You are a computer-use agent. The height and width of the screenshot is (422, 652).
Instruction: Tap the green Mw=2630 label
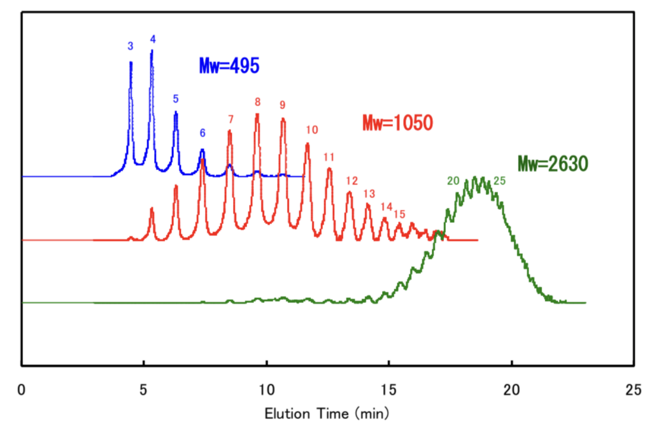[552, 164]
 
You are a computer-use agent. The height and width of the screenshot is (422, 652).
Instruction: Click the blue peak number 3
[131, 46]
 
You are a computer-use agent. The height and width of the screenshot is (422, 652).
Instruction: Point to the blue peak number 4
[153, 39]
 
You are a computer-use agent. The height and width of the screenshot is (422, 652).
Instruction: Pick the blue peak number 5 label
[176, 99]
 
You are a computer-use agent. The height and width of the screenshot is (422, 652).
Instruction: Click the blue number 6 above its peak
[202, 133]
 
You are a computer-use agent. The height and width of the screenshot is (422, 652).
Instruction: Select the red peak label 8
[257, 102]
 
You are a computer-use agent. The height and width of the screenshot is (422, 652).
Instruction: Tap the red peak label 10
[311, 130]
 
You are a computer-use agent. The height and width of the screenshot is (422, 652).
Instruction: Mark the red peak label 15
[399, 214]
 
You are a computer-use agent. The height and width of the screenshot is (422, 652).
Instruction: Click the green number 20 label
[453, 181]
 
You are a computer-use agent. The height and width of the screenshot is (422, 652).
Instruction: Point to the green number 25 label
[500, 181]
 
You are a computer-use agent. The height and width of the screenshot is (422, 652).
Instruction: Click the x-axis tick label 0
[22, 390]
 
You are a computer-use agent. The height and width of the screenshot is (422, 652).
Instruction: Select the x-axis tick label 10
[267, 390]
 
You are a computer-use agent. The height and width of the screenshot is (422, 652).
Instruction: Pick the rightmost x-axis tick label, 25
[633, 390]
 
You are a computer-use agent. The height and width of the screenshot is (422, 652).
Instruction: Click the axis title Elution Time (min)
[328, 412]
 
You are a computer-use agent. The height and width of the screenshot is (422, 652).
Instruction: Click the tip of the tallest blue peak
[152, 51]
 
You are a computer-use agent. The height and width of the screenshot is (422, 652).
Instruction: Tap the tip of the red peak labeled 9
[283, 119]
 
